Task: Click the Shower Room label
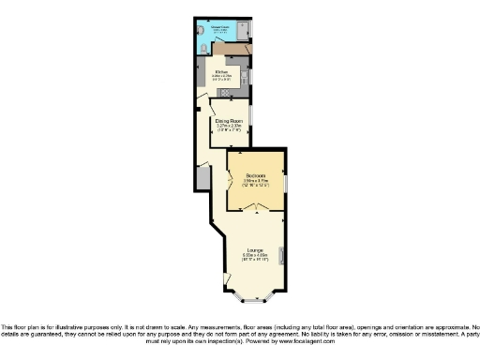(222, 26)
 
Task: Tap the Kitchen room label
(221, 71)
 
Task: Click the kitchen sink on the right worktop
(244, 74)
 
